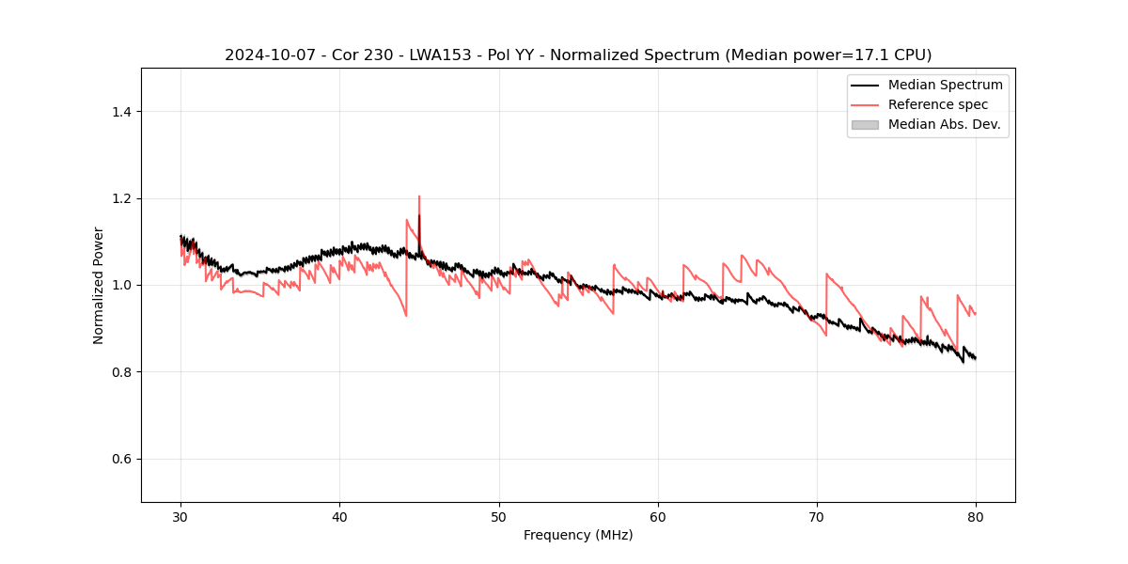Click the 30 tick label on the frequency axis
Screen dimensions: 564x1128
tap(180, 516)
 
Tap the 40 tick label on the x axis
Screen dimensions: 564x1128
tap(339, 516)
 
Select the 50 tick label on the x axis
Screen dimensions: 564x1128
tap(499, 516)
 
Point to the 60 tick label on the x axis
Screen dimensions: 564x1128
tap(658, 516)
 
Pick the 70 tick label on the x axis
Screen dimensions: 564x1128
tap(817, 516)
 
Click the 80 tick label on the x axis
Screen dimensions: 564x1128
tap(976, 516)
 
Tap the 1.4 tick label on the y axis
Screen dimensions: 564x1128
tap(120, 112)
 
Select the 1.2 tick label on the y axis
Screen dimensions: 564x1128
tap(120, 198)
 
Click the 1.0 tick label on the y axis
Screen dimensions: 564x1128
tap(120, 285)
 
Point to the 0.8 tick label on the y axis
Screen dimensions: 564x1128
tap(120, 372)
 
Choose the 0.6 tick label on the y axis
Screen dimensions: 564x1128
tap(120, 459)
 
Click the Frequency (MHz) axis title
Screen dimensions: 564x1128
tap(578, 535)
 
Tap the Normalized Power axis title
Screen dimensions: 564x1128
tap(99, 285)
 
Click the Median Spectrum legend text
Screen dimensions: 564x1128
tap(945, 86)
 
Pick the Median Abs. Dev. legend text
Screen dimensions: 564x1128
tap(945, 124)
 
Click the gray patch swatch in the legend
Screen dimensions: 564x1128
tap(865, 124)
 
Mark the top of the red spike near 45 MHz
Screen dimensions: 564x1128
tap(419, 196)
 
